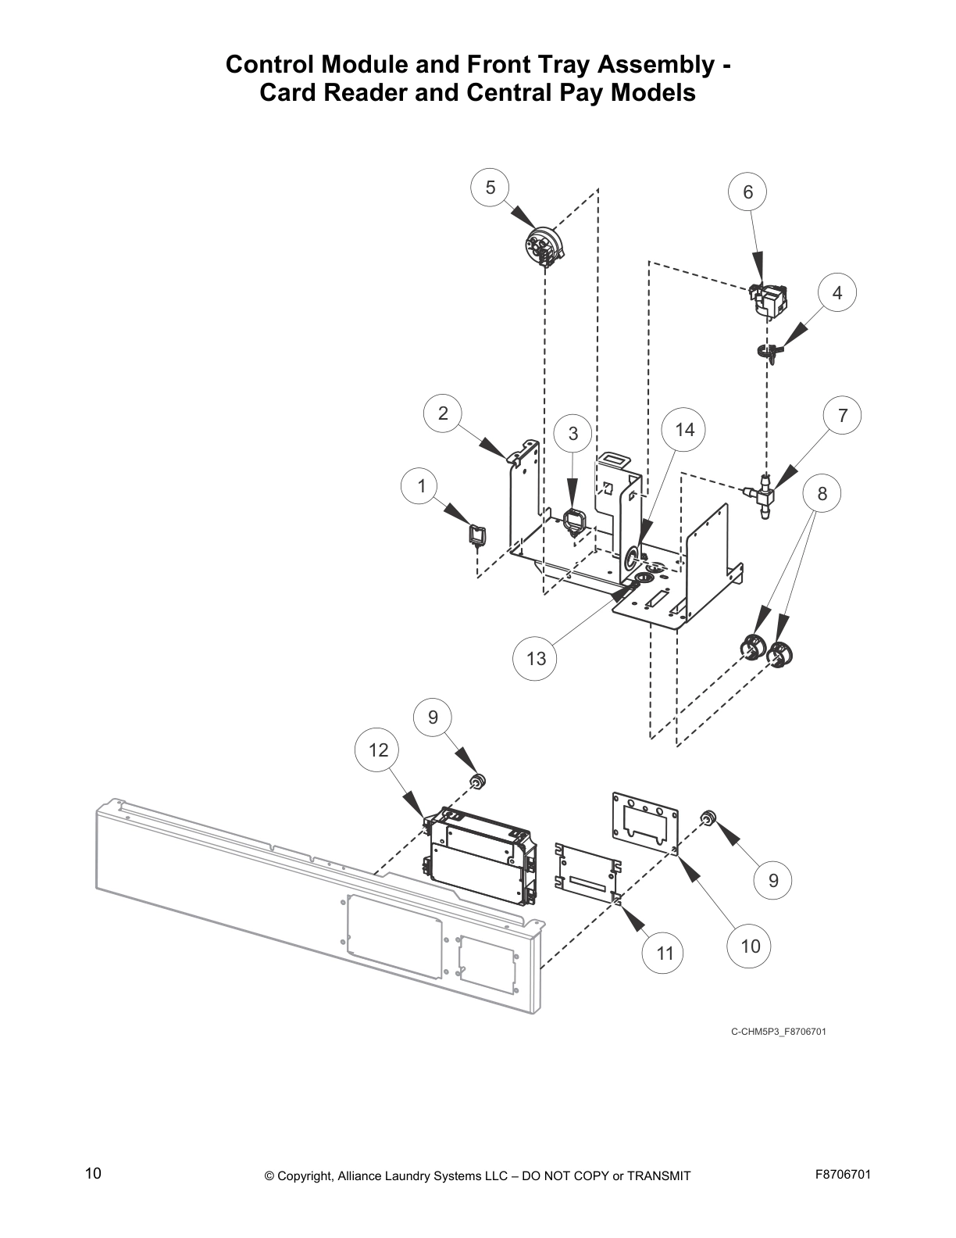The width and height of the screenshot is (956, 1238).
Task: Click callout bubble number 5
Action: click(490, 188)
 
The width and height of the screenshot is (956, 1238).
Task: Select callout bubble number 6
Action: click(747, 192)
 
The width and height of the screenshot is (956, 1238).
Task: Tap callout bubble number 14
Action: click(683, 430)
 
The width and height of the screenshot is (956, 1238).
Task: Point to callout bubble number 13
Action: click(536, 658)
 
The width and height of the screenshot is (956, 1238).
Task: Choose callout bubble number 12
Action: click(378, 750)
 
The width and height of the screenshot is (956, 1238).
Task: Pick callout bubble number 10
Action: click(749, 946)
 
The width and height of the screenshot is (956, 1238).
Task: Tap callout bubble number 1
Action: click(422, 486)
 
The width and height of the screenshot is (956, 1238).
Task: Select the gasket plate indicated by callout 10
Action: click(645, 823)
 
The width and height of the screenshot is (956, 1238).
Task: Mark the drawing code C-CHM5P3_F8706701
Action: click(778, 1032)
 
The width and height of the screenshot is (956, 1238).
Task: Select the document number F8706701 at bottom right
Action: click(843, 1174)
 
